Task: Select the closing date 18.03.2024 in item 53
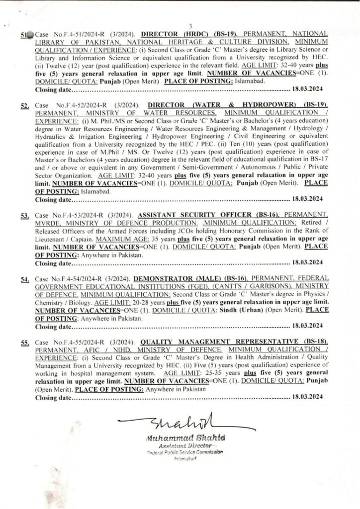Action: point(308,262)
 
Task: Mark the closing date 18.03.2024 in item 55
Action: point(308,397)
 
